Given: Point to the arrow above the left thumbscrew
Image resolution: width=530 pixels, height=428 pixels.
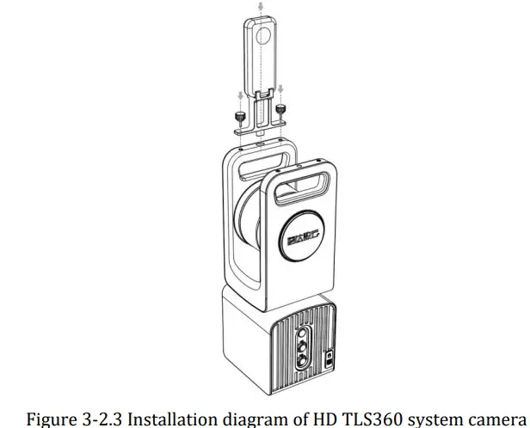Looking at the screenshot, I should (x=240, y=96).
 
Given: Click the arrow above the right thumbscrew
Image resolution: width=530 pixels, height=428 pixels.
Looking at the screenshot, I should (x=280, y=89).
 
